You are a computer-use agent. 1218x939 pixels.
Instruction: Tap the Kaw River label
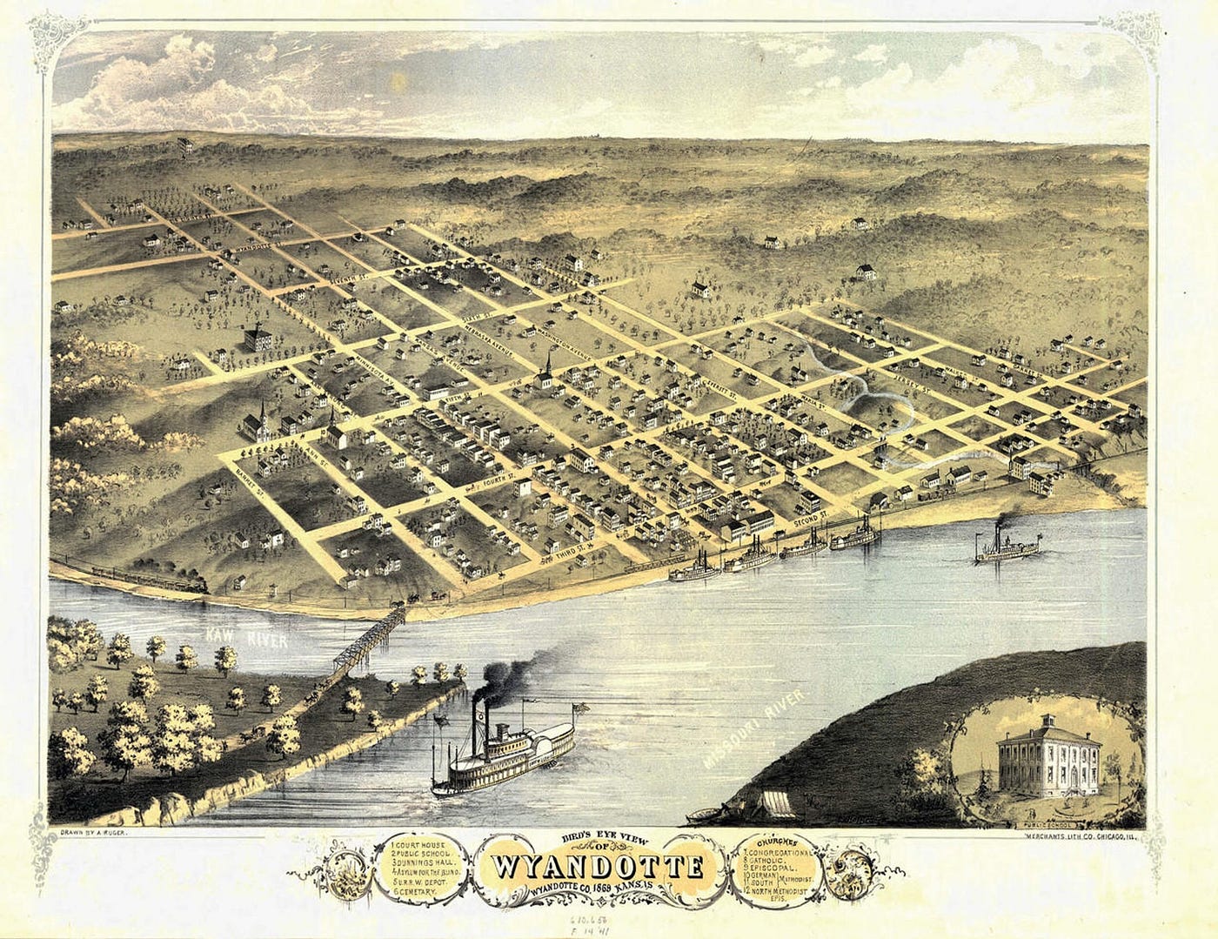pyautogui.click(x=236, y=640)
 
